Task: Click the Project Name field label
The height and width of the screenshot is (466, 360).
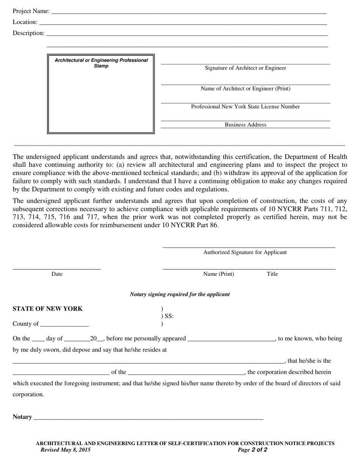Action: [x=31, y=11]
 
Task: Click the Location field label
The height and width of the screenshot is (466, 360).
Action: [x=25, y=22]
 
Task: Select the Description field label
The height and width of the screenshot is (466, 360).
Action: [x=28, y=33]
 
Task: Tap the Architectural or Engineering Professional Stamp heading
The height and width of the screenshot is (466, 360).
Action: [x=101, y=63]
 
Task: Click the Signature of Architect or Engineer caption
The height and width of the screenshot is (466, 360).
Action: [x=246, y=68]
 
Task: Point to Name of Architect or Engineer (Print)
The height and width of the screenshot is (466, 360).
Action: [x=246, y=89]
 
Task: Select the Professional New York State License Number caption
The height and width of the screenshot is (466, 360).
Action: [x=246, y=107]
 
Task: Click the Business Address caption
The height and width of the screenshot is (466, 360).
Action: [x=246, y=125]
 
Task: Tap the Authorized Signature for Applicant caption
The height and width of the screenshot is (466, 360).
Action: [x=245, y=252]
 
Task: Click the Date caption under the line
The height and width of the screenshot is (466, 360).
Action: [x=57, y=274]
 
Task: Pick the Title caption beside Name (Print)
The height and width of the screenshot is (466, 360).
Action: [x=272, y=274]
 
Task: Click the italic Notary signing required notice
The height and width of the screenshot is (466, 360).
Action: [x=180, y=294]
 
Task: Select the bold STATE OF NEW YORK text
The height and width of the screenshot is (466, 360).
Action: [x=47, y=309]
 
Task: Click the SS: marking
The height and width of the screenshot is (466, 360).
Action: [x=169, y=316]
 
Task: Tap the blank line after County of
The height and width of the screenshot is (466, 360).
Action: [x=64, y=324]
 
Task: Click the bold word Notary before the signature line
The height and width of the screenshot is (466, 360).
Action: [x=22, y=417]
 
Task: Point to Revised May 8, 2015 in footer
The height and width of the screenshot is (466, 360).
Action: [x=65, y=450]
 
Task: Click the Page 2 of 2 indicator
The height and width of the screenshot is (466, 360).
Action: [x=252, y=450]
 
